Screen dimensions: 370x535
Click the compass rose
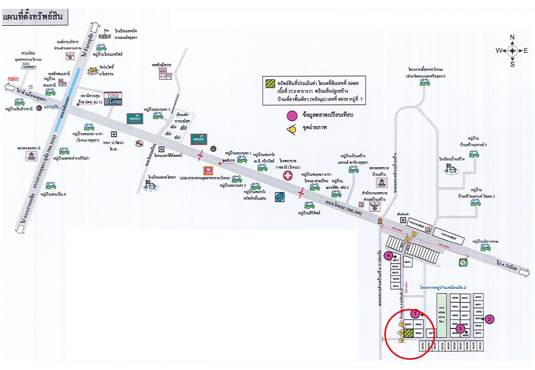coord(512,50)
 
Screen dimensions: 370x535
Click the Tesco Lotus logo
coord(114,99)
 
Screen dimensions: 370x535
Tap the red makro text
coord(13,79)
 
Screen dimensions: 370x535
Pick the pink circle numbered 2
coord(490,319)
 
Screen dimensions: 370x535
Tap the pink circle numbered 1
coord(416,314)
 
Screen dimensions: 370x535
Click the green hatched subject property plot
coord(409,334)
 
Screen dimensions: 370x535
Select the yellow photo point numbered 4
coord(401,340)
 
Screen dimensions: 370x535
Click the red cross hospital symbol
coord(288,176)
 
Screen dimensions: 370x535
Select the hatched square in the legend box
coord(269,83)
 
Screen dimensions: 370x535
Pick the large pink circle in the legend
coord(292,116)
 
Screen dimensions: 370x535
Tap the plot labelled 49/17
coord(396,261)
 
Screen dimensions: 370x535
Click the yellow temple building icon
coord(93,71)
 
